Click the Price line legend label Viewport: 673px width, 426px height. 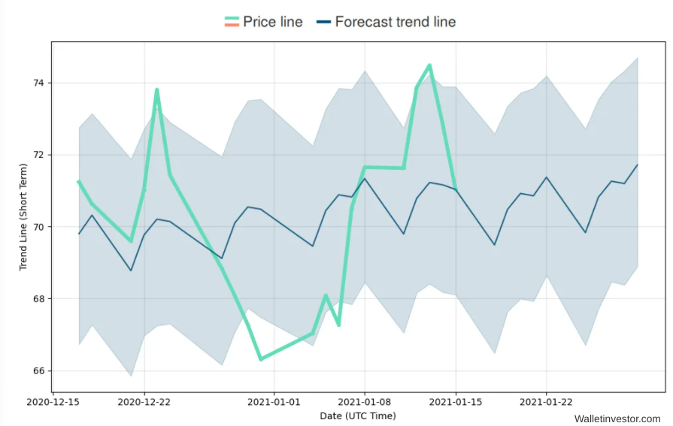pos(273,22)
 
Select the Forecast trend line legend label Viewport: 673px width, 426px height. pos(395,22)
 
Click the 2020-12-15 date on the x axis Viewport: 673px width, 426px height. pos(53,402)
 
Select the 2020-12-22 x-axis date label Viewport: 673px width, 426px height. pos(144,402)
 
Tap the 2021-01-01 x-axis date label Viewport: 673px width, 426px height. pos(274,402)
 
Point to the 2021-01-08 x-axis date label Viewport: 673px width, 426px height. pos(365,402)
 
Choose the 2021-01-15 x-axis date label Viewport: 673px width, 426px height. pos(455,402)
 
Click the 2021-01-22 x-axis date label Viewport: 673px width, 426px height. pos(546,402)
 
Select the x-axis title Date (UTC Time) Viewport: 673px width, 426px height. pos(358,415)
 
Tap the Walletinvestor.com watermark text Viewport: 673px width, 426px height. pos(617,418)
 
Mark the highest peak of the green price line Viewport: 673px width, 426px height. pos(429,65)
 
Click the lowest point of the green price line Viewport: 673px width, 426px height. pos(261,359)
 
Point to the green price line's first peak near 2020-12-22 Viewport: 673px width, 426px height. pos(156,90)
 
